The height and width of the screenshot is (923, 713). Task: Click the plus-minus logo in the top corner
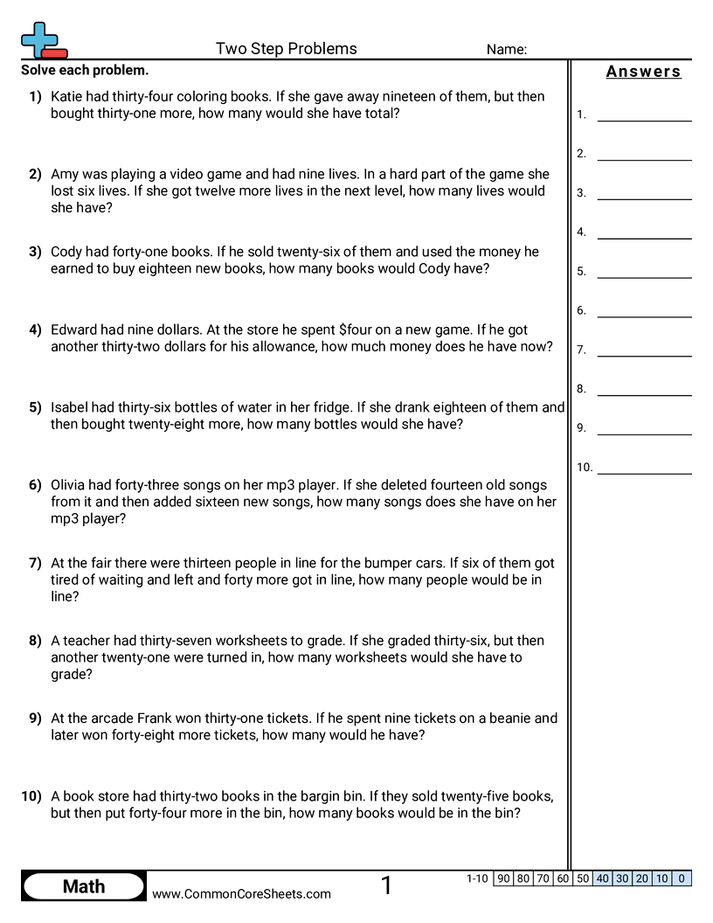[x=43, y=40]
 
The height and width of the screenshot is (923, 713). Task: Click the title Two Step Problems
[x=286, y=49]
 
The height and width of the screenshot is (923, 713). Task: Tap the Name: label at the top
[x=506, y=50]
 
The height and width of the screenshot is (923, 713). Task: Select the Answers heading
[x=643, y=72]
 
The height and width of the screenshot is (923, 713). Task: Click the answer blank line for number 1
[x=644, y=119]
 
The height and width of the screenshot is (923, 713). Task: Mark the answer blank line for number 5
[x=644, y=276]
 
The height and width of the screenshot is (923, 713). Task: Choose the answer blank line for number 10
[x=644, y=472]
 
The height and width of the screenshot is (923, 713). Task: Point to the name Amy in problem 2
[x=65, y=174]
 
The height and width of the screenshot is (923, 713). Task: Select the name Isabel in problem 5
[x=70, y=407]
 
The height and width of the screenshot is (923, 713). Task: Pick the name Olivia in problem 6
[x=70, y=485]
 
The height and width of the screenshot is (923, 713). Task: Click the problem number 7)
[x=35, y=563]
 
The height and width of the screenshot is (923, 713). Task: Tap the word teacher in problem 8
[x=89, y=641]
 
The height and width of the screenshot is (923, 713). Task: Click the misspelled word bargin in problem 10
[x=356, y=796]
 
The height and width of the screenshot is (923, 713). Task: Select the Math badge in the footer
[x=84, y=886]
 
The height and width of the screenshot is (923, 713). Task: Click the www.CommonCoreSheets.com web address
[x=241, y=893]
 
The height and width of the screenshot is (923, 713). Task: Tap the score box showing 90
[x=503, y=878]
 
